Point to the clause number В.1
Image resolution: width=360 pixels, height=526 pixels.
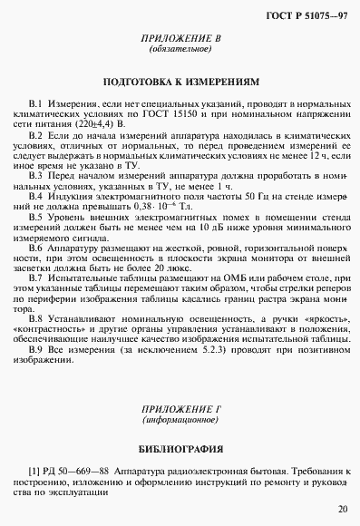37,105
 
